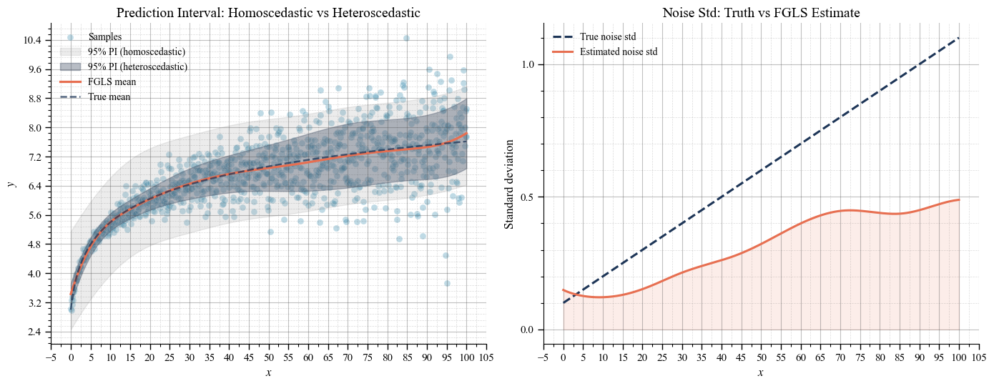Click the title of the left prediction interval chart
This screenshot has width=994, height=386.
click(x=268, y=12)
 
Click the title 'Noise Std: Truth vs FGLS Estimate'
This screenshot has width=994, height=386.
click(x=761, y=12)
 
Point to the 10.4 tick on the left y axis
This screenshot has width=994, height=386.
click(x=32, y=40)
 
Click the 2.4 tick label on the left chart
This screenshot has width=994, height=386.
click(x=34, y=332)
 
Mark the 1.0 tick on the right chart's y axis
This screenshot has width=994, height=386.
click(x=528, y=65)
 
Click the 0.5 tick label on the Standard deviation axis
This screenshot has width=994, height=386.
click(x=528, y=197)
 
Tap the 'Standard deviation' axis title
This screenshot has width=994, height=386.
click(x=509, y=184)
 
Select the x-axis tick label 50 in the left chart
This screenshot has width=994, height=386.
click(x=268, y=357)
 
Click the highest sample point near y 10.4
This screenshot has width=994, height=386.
click(x=406, y=38)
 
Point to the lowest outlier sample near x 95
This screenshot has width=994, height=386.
click(x=448, y=284)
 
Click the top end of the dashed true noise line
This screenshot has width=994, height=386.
click(x=959, y=38)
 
